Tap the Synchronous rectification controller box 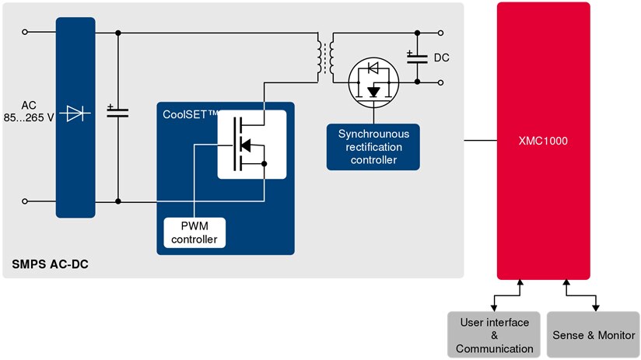373,147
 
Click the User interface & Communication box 494,335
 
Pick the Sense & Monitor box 594,335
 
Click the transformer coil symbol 326,57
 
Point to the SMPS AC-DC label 50,265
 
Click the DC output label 442,58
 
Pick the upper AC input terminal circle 25,33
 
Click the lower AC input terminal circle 25,201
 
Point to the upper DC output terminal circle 442,33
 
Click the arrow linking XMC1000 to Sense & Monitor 582,295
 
